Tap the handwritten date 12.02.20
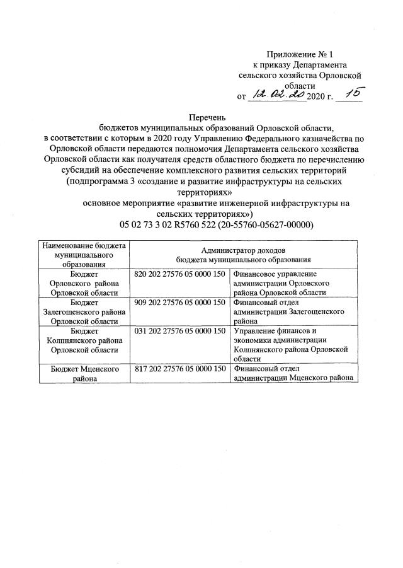point(276,95)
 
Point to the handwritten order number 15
point(351,93)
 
